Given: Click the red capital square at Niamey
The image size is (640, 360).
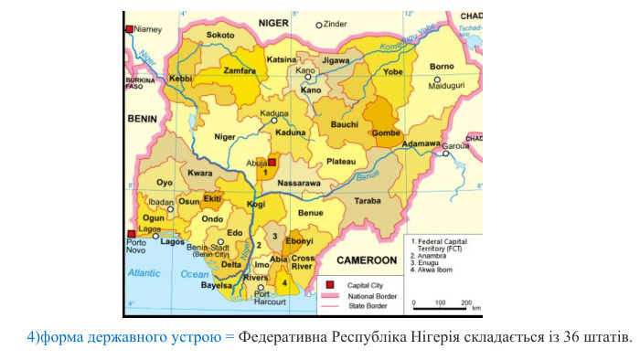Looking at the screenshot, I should click(x=129, y=29).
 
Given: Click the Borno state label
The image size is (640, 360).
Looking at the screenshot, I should click(x=442, y=66).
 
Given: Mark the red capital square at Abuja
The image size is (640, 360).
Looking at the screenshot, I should click(x=272, y=162).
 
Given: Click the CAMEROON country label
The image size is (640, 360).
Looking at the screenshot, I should click(x=367, y=260).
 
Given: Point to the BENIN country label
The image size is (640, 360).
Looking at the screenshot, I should click(x=142, y=119).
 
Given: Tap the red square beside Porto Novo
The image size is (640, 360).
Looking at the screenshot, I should click(x=130, y=234).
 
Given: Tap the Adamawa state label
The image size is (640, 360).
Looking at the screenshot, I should click(x=421, y=143).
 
